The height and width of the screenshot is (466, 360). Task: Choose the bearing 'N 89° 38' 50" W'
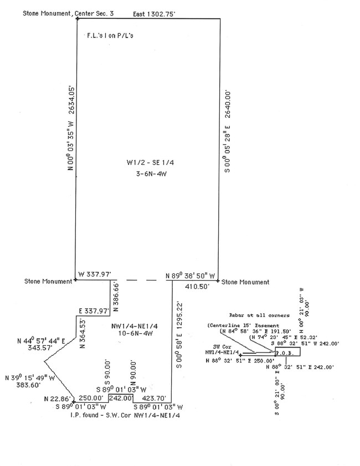(191, 273)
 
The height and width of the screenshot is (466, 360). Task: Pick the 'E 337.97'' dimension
(94, 311)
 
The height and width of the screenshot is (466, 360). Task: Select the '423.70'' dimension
(152, 397)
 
